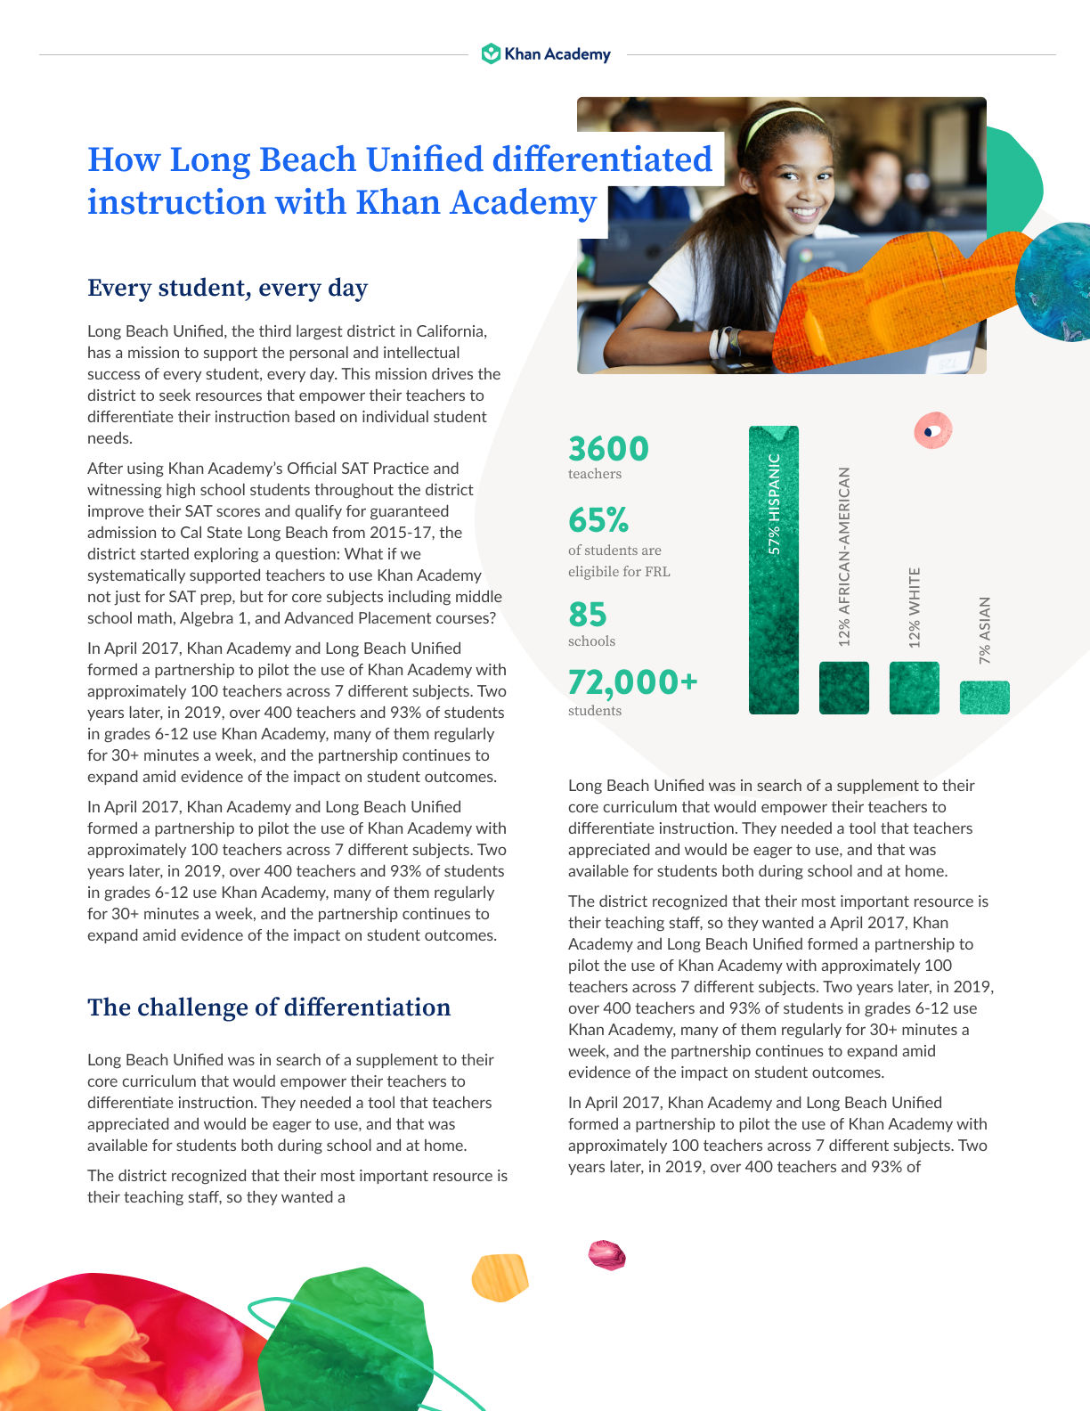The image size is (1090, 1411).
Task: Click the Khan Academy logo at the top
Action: [x=546, y=54]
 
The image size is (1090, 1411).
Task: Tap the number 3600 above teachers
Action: [x=608, y=449]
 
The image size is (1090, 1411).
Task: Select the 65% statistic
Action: [x=598, y=520]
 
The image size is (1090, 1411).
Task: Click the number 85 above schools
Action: [x=588, y=615]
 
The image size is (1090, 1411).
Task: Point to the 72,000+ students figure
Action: [x=632, y=682]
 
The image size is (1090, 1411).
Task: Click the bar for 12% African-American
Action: [x=843, y=688]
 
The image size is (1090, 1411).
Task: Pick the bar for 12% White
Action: [x=914, y=688]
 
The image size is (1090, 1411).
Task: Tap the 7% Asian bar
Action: [x=984, y=697]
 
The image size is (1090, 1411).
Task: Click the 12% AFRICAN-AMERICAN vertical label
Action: [x=844, y=557]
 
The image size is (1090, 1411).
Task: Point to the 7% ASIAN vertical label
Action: [x=984, y=630]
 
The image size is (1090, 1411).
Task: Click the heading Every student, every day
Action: [x=227, y=289]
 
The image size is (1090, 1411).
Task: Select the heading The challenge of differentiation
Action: [x=269, y=1007]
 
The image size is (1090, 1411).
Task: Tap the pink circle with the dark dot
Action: [x=932, y=431]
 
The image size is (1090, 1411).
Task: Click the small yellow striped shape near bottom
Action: [x=500, y=1276]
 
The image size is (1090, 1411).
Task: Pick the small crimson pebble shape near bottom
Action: [x=606, y=1254]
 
